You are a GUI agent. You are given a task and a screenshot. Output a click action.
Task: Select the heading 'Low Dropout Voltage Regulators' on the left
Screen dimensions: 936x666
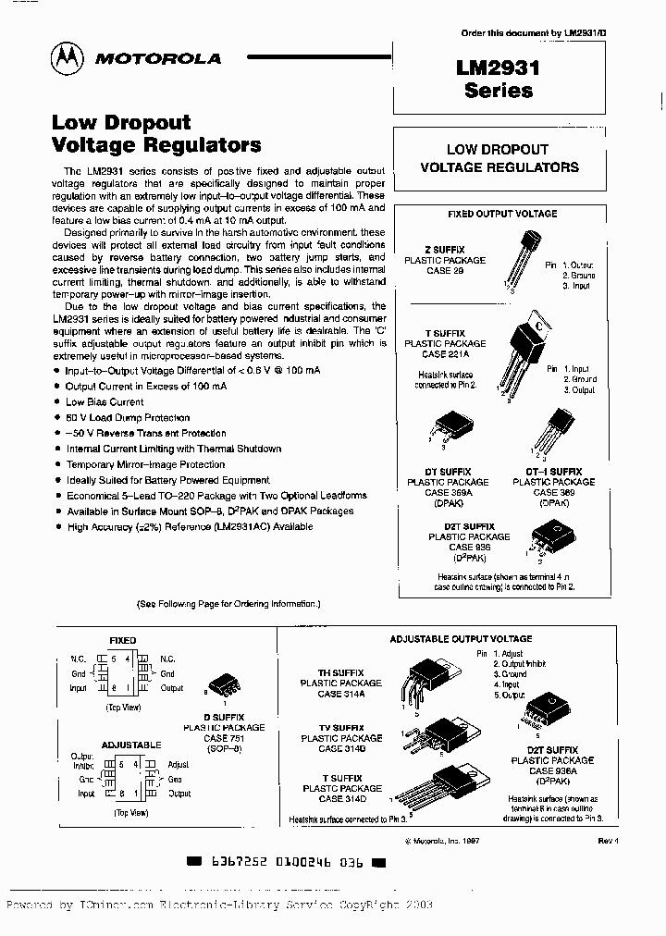point(156,133)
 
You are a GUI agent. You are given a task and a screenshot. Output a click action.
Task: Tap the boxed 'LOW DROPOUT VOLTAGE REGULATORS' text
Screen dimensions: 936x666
point(499,158)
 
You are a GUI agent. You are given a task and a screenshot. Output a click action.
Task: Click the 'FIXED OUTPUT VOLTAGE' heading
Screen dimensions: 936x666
point(502,214)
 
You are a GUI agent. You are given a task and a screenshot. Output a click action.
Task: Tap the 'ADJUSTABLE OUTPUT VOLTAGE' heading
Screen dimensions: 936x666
point(461,638)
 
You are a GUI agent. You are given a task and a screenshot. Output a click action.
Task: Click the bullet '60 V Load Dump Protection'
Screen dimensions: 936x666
point(128,418)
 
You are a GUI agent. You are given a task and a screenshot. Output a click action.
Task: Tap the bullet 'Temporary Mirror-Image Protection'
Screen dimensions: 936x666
point(145,464)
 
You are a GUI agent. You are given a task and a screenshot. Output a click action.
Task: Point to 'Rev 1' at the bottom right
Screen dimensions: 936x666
point(608,841)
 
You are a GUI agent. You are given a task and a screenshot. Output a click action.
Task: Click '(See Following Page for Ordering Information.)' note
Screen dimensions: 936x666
point(228,603)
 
